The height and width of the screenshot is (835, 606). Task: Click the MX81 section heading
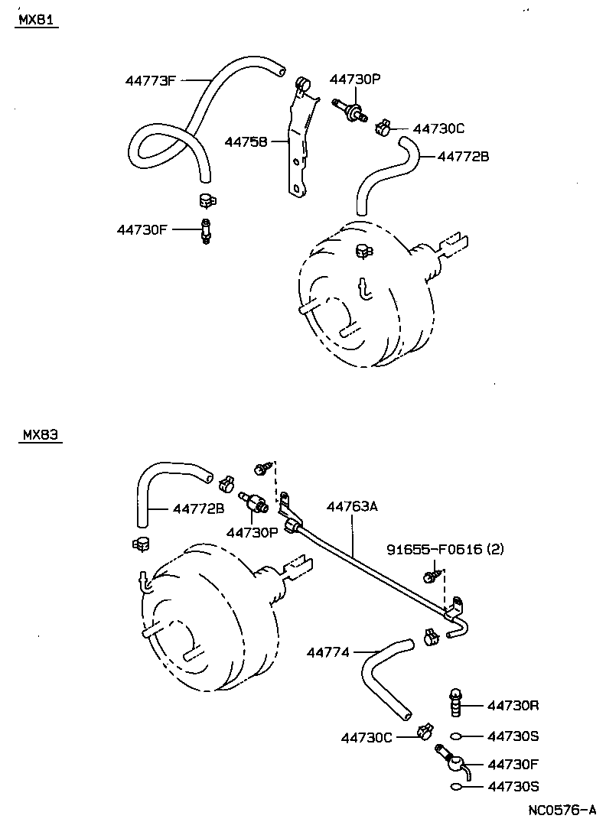tap(36, 21)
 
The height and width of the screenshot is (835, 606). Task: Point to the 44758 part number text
tap(246, 141)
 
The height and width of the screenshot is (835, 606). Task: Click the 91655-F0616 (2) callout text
tap(445, 549)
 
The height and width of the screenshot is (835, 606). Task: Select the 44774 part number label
tap(327, 652)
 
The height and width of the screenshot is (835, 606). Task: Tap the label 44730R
tap(513, 705)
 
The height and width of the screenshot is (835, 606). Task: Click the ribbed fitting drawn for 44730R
tap(456, 703)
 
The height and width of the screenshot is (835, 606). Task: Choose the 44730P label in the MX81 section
tap(355, 80)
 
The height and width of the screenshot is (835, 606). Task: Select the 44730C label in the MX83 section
tap(367, 737)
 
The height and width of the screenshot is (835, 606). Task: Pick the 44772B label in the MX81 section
tap(463, 157)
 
